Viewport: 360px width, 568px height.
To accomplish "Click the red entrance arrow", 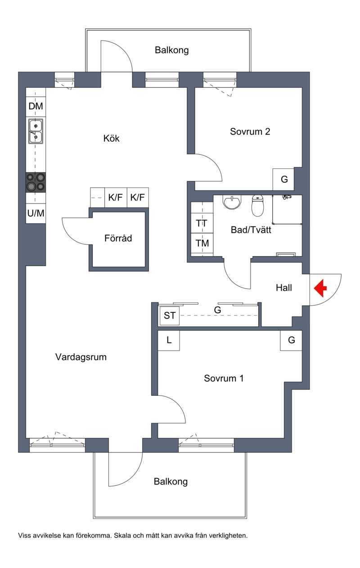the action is coord(320,288).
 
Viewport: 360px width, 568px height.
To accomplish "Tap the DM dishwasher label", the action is coord(36,106).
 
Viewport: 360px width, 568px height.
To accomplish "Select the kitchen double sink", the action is coord(36,131).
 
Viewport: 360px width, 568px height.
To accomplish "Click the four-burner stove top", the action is coord(36,182).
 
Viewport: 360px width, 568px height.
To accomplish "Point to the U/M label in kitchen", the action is coord(36,213).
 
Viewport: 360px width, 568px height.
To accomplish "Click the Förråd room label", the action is coord(118,238).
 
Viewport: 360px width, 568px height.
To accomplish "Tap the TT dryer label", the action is coord(202,223).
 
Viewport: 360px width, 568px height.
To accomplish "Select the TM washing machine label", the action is coord(202,243).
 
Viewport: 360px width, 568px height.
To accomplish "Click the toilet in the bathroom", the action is coord(257,206).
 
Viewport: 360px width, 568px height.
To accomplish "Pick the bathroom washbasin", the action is coord(232,202).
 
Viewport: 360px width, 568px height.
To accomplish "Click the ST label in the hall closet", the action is coord(169,316).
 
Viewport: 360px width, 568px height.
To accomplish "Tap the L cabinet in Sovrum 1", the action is coord(169,340).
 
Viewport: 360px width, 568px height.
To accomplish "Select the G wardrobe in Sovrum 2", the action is coord(283,179).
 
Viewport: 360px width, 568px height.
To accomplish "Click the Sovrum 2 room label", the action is coord(250,131).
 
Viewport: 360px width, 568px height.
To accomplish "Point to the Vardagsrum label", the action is coord(81,357).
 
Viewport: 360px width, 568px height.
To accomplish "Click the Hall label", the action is coord(283,288).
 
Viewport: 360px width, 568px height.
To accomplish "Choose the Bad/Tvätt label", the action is coord(251,230).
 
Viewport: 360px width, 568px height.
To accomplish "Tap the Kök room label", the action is coord(111,138).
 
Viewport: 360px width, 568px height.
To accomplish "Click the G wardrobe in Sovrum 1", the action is coord(291,340).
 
